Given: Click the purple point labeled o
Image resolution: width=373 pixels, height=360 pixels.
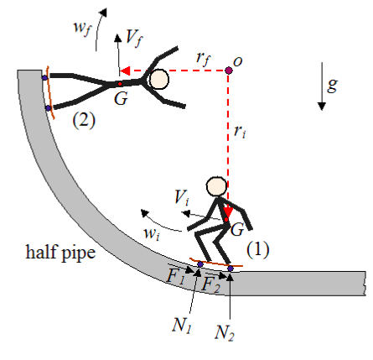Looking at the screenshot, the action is (x=229, y=70).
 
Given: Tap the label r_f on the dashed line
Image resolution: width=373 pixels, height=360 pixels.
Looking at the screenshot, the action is (x=204, y=59).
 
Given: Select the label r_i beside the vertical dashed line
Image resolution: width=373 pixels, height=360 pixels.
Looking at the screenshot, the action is (x=240, y=131).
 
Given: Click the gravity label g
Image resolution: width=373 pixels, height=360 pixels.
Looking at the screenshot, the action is (x=332, y=85).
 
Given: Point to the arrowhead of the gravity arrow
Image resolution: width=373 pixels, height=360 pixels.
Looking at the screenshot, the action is (x=322, y=107).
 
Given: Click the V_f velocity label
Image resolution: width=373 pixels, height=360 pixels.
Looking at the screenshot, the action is (x=134, y=39).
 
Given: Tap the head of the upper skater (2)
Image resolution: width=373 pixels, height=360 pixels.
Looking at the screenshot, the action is (x=159, y=80).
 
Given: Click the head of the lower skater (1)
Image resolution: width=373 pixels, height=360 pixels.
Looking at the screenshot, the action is (x=216, y=186).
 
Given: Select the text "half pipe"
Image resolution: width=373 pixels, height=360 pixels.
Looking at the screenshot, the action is (x=60, y=253).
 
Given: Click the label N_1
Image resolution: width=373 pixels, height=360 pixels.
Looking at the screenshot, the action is (x=182, y=326).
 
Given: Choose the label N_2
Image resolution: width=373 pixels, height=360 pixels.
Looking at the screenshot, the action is (x=225, y=332).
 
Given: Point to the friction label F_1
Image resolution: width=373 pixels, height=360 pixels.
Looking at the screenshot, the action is (x=175, y=277).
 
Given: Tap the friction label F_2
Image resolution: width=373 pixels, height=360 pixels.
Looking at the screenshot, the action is (x=210, y=284).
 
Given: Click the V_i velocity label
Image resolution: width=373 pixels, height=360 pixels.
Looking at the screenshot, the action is (x=182, y=198).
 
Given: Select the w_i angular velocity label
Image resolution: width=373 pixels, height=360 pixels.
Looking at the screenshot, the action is (x=152, y=233).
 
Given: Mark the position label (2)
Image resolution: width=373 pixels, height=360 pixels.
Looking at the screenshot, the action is (x=84, y=120).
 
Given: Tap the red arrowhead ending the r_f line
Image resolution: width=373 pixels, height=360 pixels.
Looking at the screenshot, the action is (x=125, y=70).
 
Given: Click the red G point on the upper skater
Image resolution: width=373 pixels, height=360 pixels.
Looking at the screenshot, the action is (x=120, y=84).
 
